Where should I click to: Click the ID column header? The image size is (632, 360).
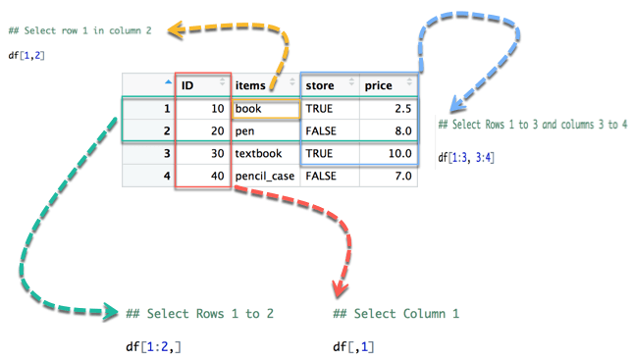pos(187,85)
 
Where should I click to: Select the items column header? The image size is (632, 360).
pos(250,85)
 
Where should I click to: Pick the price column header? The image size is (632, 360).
pos(379,85)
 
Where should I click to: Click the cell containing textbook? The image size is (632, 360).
pos(258,154)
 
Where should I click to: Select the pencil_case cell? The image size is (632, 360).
pos(265,177)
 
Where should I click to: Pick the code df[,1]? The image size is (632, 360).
pos(353,346)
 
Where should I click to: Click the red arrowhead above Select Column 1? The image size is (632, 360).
pos(341,288)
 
